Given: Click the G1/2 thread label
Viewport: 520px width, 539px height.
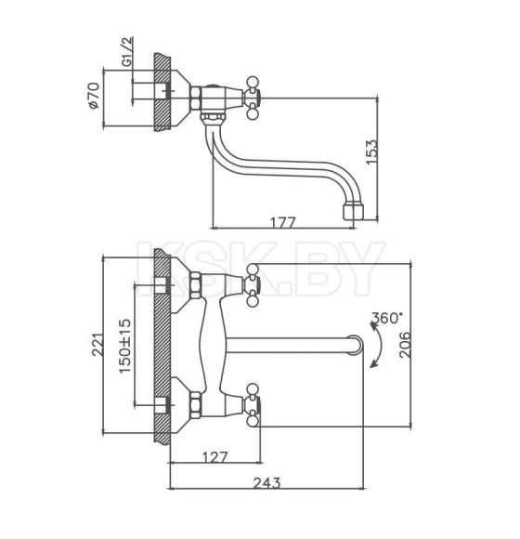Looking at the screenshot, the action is pos(127,51).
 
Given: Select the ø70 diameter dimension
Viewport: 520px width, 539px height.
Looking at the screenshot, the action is pos(94,95).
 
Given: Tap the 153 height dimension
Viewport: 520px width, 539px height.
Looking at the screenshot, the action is pos(371,151).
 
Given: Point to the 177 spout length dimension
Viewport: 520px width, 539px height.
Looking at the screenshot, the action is pos(282,223).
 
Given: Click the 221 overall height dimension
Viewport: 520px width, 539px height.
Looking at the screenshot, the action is pos(97,345).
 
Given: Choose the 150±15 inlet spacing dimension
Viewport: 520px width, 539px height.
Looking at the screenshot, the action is pos(125,346).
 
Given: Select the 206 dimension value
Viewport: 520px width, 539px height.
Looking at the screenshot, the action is pos(405,345).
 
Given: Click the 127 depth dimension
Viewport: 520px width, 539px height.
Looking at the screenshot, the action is pos(214,457).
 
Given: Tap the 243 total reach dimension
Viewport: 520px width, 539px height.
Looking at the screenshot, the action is pos(266,483).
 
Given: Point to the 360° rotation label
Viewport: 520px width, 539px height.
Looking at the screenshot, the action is pos(386,318).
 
